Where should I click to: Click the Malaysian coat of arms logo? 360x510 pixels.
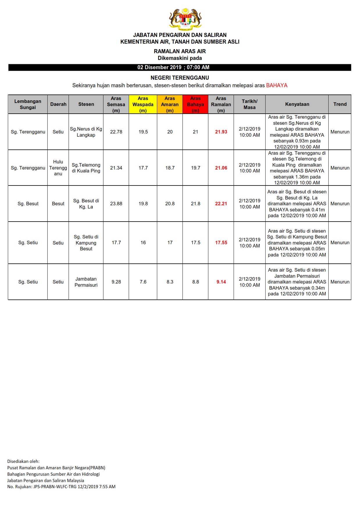[x=185, y=19]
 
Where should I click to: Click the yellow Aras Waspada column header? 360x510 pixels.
[x=143, y=104]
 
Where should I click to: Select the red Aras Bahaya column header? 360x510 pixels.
[x=195, y=104]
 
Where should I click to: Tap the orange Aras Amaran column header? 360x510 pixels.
[x=170, y=104]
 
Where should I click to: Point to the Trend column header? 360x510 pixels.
[x=340, y=104]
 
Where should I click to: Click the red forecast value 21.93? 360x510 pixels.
[x=221, y=132]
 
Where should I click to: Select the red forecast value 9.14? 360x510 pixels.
[x=221, y=282]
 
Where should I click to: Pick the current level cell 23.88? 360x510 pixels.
[x=116, y=204]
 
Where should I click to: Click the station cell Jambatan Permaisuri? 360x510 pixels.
[x=86, y=282]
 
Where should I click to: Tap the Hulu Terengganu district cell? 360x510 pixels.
[x=58, y=168]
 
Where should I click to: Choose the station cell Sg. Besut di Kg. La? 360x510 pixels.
[x=86, y=204]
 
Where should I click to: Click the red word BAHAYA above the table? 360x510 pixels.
[x=277, y=85]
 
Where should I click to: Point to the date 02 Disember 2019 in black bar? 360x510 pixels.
[x=159, y=67]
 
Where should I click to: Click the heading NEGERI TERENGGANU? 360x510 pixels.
[x=180, y=78]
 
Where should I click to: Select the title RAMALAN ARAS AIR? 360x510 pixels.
[x=180, y=51]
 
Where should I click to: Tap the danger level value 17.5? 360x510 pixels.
[x=196, y=242]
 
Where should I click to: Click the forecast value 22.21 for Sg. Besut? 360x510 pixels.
[x=221, y=204]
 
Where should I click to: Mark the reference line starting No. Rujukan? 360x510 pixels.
[x=61, y=486]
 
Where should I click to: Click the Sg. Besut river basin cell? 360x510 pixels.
[x=28, y=204]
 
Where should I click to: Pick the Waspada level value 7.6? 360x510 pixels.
[x=143, y=282]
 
